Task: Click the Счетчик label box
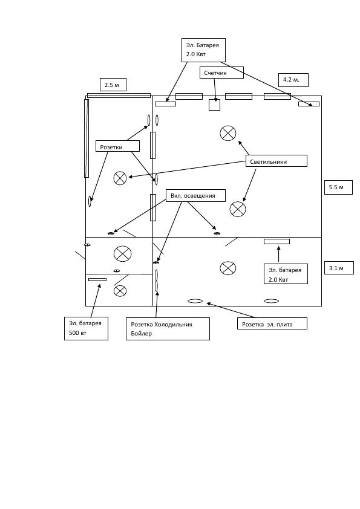pos(221,73)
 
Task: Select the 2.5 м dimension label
pos(113,85)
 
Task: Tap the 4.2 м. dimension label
pos(293,80)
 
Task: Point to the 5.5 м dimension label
pos(338,187)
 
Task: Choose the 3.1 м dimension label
pos(339,268)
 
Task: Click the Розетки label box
pos(117,146)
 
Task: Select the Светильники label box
pos(276,161)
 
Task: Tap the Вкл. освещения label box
pos(195,195)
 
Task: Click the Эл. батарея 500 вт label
pos(86,328)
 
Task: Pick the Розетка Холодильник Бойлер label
pos(168,329)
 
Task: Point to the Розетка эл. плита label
pos(272,323)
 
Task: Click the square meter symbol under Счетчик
pos(214,105)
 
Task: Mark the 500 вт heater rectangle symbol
pos(97,279)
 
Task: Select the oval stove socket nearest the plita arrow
pos(195,301)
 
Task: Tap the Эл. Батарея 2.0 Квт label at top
pos(203,50)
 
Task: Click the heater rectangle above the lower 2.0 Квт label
pos(277,242)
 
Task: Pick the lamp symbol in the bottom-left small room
pos(120,291)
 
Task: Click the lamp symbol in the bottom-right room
pos(228,268)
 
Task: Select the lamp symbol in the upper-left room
pos(120,178)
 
